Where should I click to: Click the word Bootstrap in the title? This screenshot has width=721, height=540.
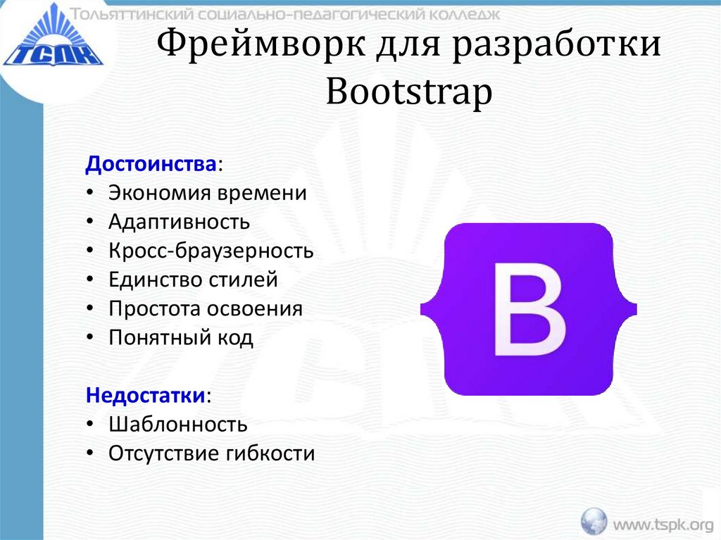tap(408, 94)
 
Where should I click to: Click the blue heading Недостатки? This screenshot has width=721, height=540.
tap(145, 395)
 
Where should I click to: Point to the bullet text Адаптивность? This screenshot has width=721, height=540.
tap(179, 222)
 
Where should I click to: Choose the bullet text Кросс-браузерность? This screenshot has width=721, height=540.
tap(211, 251)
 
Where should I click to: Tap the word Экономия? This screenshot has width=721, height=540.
tap(160, 194)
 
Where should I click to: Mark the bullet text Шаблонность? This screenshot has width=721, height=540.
tap(177, 425)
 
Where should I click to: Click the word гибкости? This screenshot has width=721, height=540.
tap(270, 453)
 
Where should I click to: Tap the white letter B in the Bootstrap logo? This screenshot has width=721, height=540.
tap(529, 309)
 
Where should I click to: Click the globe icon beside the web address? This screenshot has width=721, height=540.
tap(594, 522)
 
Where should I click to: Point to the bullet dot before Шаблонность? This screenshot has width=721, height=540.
tap(91, 425)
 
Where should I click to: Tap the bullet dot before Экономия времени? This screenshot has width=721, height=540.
tap(91, 194)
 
